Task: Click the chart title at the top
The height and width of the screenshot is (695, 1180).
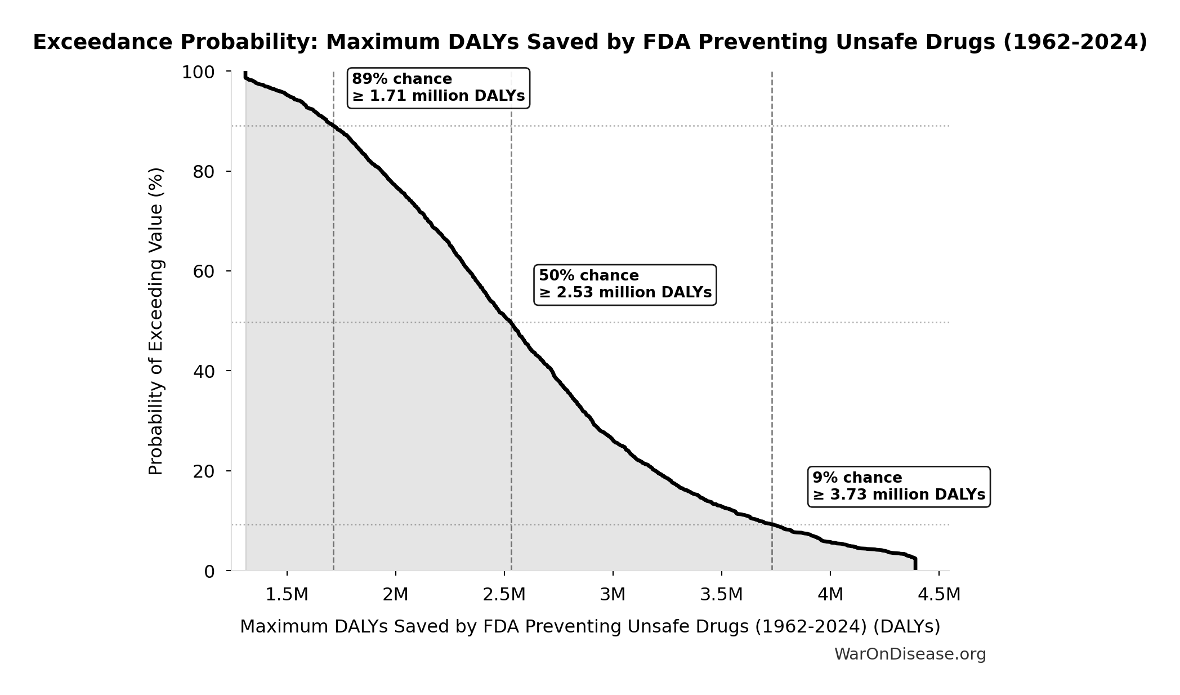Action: pyautogui.click(x=590, y=43)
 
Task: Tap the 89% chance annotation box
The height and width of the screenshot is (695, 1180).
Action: pyautogui.click(x=438, y=88)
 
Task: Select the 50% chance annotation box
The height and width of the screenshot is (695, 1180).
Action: pyautogui.click(x=625, y=284)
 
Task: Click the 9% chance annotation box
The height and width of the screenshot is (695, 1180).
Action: pyautogui.click(x=899, y=487)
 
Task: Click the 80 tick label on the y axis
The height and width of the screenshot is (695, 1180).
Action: pyautogui.click(x=204, y=172)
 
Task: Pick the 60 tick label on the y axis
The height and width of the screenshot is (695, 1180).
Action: pyautogui.click(x=204, y=271)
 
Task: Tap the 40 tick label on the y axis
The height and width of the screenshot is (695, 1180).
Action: pyautogui.click(x=204, y=371)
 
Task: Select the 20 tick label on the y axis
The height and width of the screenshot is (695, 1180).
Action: pyautogui.click(x=204, y=471)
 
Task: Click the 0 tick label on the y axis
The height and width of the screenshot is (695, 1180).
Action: pyautogui.click(x=209, y=572)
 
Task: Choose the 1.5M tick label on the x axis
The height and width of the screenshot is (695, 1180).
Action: pyautogui.click(x=287, y=595)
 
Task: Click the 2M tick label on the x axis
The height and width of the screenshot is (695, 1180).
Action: pyautogui.click(x=395, y=595)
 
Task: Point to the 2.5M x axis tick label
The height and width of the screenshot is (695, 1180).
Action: pyautogui.click(x=504, y=595)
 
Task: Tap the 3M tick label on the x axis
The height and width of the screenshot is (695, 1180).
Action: pyautogui.click(x=613, y=595)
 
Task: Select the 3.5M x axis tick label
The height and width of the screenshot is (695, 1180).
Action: pyautogui.click(x=721, y=595)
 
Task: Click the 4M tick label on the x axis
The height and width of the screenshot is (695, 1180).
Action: pyautogui.click(x=830, y=595)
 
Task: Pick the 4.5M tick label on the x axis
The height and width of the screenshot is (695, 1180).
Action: pyautogui.click(x=938, y=595)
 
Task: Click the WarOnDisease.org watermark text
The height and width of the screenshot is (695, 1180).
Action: pyautogui.click(x=910, y=654)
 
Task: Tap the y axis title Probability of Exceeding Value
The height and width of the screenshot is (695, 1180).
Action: pyautogui.click(x=155, y=321)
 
